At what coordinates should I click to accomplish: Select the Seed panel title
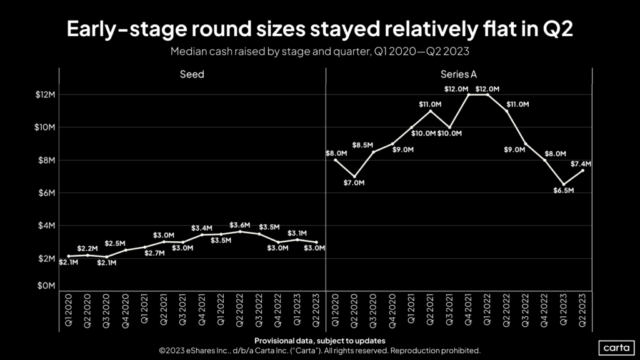(192, 74)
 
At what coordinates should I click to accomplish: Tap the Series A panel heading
(458, 74)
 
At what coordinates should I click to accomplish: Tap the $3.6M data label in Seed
(240, 225)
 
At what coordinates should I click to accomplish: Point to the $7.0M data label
(354, 183)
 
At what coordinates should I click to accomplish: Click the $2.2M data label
(87, 249)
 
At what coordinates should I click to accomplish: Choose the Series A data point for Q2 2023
(582, 171)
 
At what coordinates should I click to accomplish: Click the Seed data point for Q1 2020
(69, 256)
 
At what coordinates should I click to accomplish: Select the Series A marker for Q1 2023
(564, 184)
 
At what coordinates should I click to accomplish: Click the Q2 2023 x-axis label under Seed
(316, 309)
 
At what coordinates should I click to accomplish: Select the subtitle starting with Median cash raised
(319, 51)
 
